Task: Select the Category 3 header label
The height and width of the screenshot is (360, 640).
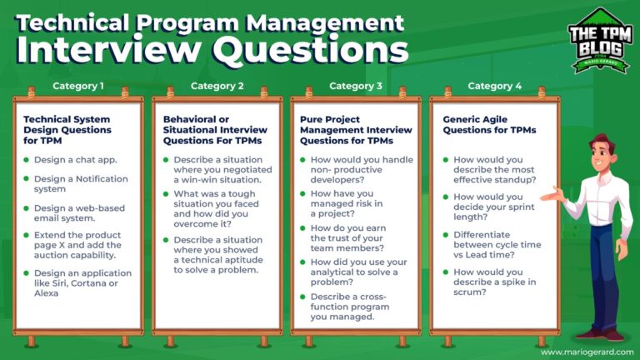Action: (356, 85)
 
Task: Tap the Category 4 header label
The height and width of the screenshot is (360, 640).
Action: (494, 85)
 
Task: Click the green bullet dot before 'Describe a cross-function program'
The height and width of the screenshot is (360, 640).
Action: (303, 298)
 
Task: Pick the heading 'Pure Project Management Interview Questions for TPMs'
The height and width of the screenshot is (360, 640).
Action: (357, 130)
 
